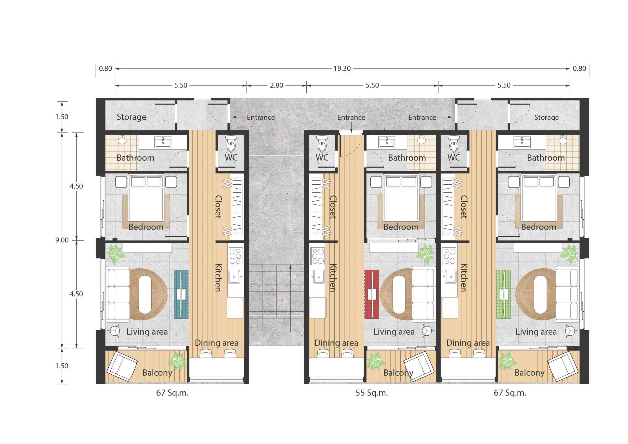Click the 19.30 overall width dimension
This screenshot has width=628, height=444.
point(342,68)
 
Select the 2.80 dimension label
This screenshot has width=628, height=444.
point(276,85)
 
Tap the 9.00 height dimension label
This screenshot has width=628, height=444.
point(62,240)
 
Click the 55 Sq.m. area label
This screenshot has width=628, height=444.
point(372,393)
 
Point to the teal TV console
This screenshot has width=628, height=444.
point(181,294)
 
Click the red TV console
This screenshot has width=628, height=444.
point(372,294)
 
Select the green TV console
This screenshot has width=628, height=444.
point(504,294)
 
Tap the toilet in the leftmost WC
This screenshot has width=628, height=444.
point(231,143)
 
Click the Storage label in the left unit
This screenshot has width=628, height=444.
point(131,117)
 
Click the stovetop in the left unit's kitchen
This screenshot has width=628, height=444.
point(235,256)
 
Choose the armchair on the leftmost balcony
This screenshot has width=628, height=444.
point(122,366)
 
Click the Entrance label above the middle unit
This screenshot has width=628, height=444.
point(351,117)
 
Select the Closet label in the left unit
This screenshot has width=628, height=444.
point(218,207)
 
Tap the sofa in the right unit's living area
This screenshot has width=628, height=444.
point(567,294)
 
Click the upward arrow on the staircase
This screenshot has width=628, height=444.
point(290,298)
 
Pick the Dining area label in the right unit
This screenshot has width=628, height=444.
point(468,343)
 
